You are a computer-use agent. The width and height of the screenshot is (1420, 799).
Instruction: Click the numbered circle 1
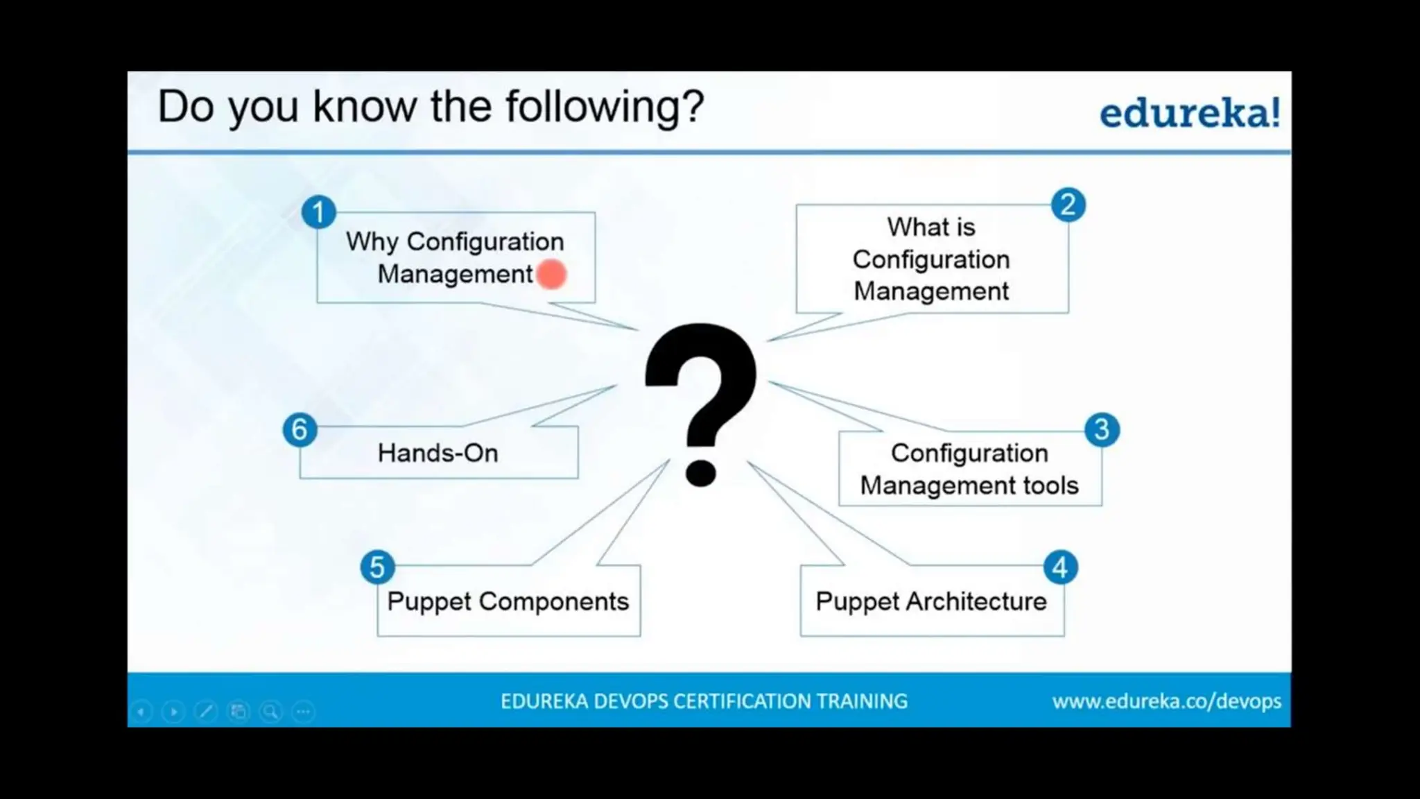318,212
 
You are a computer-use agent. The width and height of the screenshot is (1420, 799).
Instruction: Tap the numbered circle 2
1068,205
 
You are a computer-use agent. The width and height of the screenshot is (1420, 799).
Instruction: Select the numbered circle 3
1102,430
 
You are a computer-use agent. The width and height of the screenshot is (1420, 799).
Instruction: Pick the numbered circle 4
1060,568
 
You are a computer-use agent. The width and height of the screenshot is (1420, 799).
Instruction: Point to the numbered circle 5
377,567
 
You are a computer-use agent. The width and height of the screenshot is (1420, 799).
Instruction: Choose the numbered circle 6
300,430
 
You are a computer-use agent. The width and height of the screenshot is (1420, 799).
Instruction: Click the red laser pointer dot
552,275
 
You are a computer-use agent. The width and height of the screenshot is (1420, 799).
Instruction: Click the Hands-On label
438,454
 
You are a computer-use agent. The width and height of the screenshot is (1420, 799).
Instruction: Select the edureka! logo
1190,113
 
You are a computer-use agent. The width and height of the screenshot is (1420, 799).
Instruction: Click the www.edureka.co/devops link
1166,702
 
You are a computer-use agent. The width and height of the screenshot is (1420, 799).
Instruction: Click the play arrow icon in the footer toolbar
173,712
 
